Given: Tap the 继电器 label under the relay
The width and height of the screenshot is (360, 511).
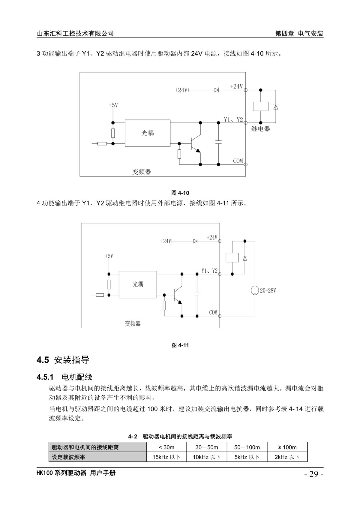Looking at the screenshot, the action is (260, 129).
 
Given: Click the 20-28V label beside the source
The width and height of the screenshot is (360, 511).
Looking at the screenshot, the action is (268, 290).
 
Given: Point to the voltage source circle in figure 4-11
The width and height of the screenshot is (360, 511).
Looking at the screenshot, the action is (255, 290).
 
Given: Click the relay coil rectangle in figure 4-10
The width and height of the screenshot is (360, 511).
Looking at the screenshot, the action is (260, 107).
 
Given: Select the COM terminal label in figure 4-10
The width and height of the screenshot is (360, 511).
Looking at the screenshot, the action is (238, 161).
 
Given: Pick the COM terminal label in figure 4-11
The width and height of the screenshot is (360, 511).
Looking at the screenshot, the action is (213, 312).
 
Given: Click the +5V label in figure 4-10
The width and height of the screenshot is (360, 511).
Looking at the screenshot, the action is (113, 105).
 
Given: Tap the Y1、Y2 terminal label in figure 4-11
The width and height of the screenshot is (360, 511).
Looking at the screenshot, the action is (209, 271).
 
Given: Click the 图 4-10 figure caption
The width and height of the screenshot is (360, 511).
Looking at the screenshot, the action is (180, 193).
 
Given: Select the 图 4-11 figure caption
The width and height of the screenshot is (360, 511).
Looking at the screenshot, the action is (180, 345).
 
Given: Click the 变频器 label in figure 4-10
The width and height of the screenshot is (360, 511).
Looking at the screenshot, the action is (141, 172).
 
